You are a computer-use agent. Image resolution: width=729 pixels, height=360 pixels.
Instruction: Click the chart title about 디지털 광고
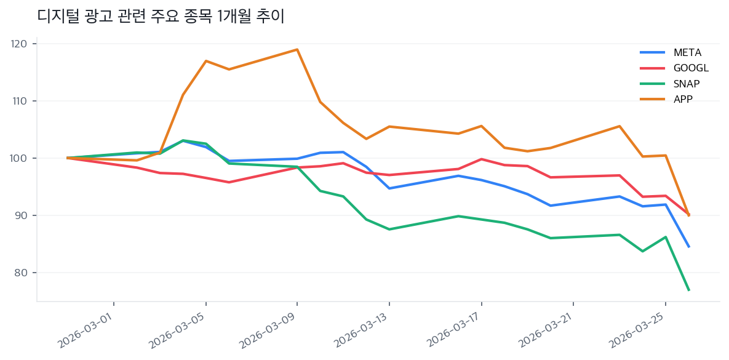pos(161,17)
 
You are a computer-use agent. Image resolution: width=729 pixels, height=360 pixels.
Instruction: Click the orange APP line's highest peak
pos(297,49)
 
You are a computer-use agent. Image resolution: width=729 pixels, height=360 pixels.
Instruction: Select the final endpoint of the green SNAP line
pos(688,290)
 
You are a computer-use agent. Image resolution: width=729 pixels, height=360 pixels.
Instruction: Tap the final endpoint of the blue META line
pos(688,247)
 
